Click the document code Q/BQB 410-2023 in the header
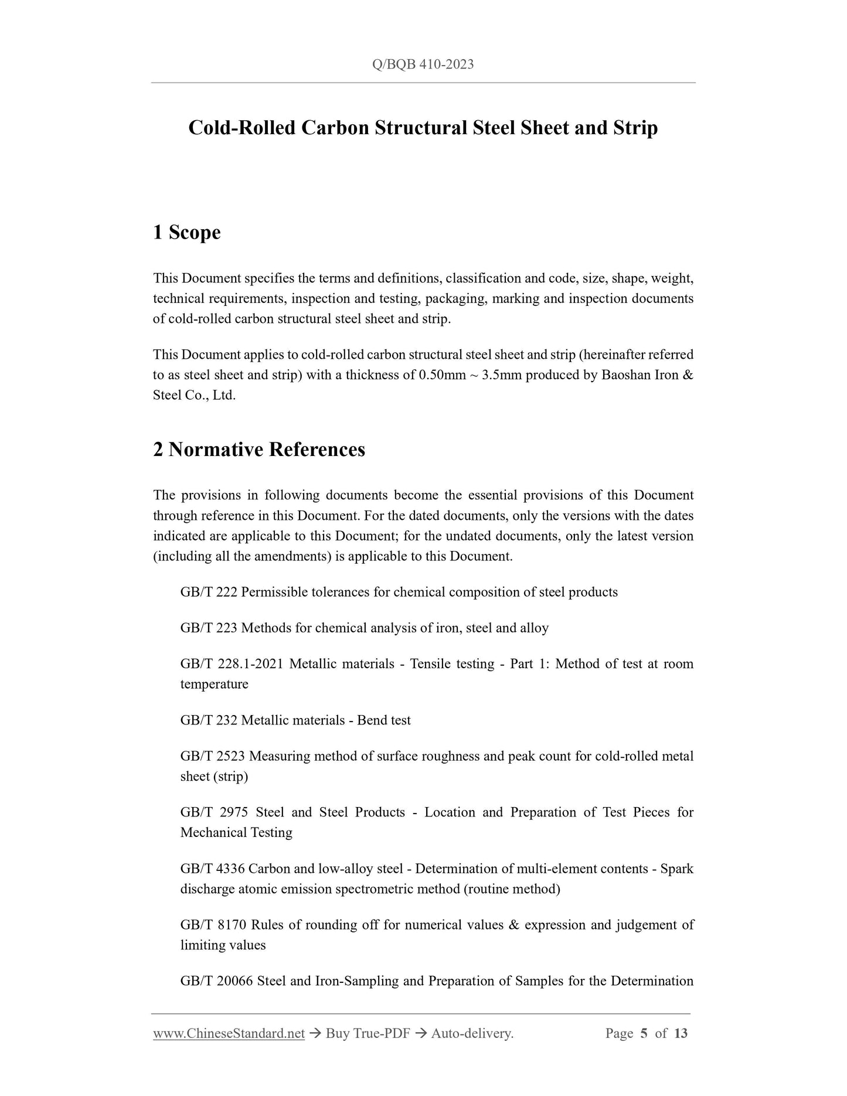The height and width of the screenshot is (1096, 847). (x=423, y=64)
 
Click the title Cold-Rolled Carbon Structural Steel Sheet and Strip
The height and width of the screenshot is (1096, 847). (x=423, y=128)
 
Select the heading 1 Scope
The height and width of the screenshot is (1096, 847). (x=186, y=233)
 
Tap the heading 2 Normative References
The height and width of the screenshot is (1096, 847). (x=258, y=450)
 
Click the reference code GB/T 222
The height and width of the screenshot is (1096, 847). (x=209, y=593)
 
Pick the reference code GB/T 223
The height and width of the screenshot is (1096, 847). (x=209, y=628)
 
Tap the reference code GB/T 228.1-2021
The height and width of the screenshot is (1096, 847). (x=232, y=664)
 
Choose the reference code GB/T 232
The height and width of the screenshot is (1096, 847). (x=209, y=720)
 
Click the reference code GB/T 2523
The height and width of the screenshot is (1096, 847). (x=213, y=756)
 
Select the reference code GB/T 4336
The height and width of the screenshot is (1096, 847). (x=213, y=869)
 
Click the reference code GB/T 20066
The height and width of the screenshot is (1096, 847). (x=216, y=981)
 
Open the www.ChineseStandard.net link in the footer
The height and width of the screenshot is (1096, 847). (x=229, y=1033)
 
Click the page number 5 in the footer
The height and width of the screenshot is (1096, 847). (x=644, y=1033)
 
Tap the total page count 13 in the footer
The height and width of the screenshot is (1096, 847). (x=681, y=1033)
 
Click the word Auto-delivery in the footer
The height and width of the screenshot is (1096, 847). (x=471, y=1033)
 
